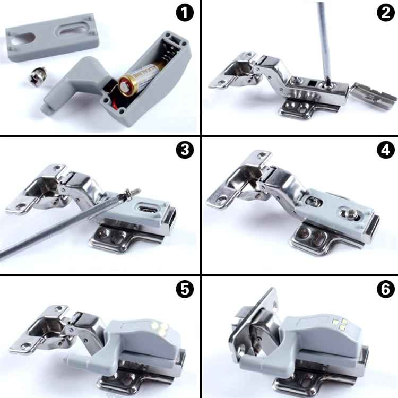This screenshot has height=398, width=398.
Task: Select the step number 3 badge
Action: pyautogui.click(x=184, y=151)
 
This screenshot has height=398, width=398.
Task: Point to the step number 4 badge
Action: pyautogui.click(x=383, y=151)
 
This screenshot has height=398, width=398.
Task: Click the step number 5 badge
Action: pyautogui.click(x=184, y=289)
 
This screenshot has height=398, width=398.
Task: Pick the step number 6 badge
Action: pyautogui.click(x=383, y=289)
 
